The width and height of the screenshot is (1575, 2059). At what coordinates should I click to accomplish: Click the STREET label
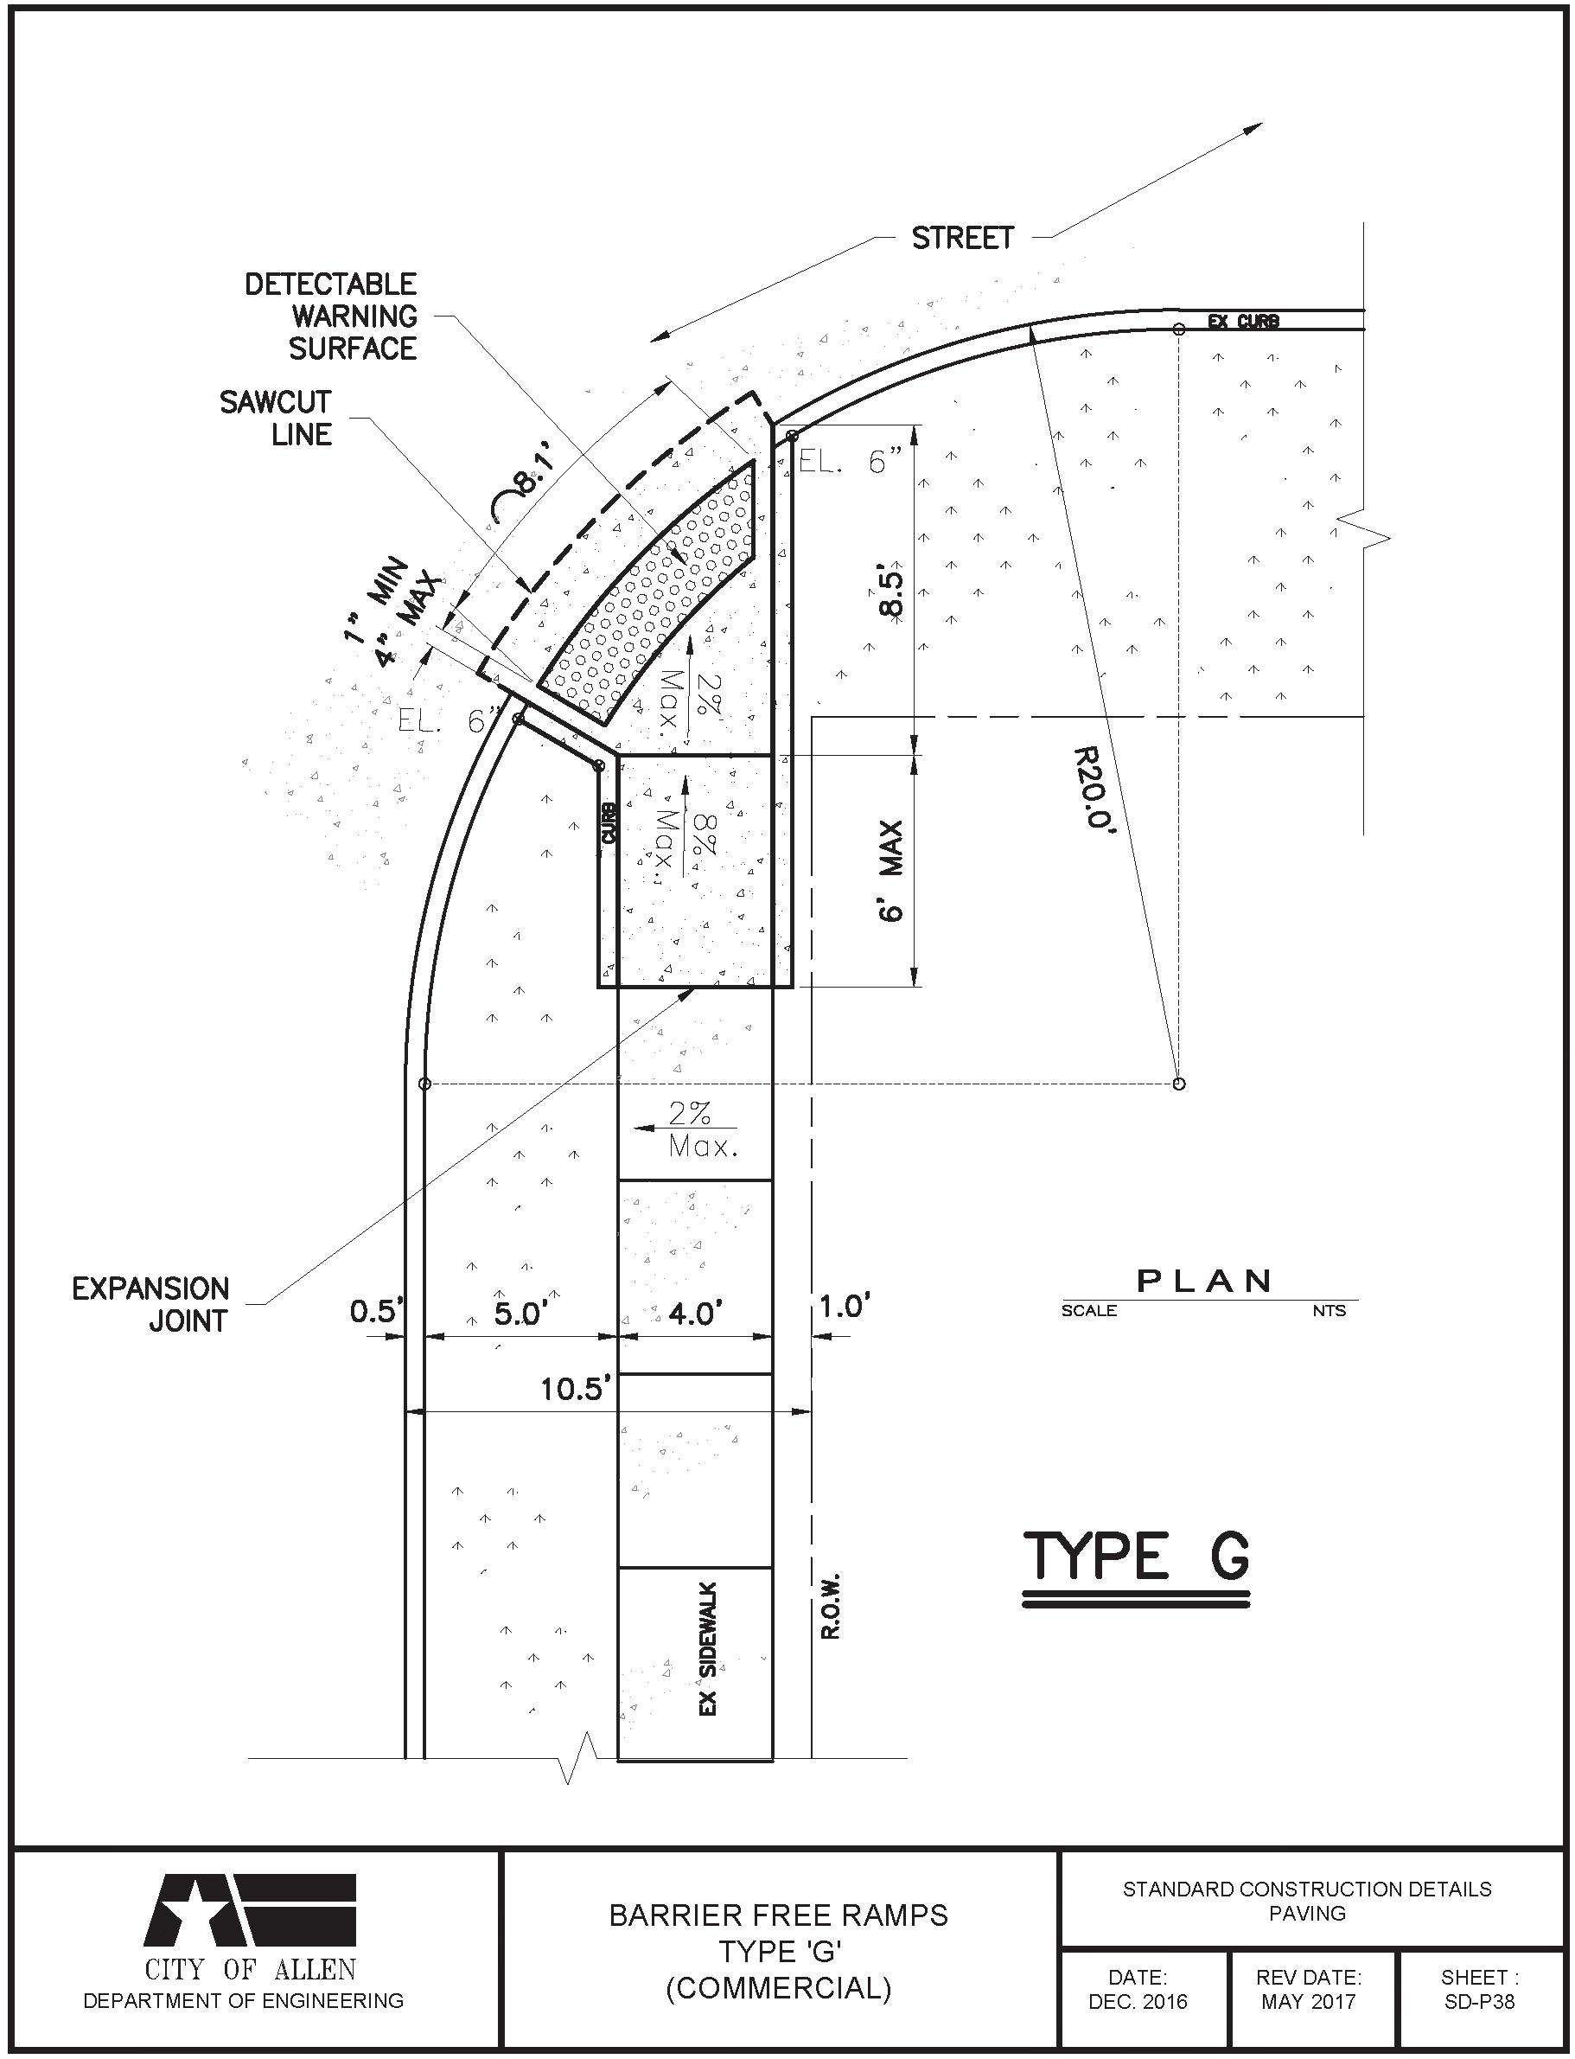click(x=963, y=238)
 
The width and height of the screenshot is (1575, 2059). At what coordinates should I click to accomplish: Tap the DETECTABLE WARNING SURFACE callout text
click(x=330, y=317)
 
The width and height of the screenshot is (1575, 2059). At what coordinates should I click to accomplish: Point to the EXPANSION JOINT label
click(x=151, y=1304)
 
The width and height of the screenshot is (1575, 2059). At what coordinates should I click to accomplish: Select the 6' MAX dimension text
click(x=891, y=871)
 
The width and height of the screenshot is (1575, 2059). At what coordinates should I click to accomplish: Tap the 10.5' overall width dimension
click(x=576, y=1389)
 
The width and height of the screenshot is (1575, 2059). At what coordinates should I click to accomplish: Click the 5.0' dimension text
click(x=520, y=1314)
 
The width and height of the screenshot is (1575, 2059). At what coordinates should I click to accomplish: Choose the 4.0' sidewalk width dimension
click(x=694, y=1314)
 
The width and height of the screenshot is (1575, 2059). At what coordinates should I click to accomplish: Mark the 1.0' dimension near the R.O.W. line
click(x=845, y=1306)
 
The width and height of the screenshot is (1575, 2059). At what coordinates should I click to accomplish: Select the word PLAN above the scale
click(x=1205, y=1281)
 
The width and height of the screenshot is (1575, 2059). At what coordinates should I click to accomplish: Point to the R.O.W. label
click(x=831, y=1606)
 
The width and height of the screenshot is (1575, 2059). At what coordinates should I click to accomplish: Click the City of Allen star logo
click(x=249, y=1912)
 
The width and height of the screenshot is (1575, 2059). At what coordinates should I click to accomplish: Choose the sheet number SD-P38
click(x=1479, y=2001)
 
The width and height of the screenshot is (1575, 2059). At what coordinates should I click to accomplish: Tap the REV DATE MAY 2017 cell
click(x=1309, y=1990)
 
